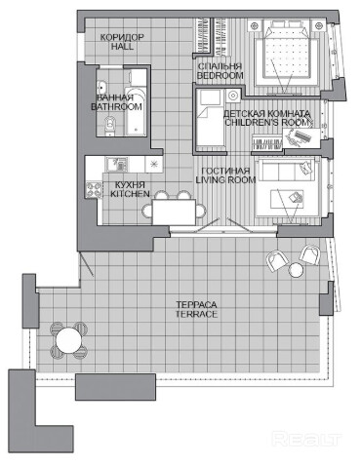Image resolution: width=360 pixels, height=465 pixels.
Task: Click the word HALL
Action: pos(122,47)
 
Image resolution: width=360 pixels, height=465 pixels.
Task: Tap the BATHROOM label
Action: pos(116,106)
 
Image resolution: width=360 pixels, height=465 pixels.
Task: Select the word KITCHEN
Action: pos(130,194)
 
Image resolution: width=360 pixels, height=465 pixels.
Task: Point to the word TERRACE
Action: pos(196,314)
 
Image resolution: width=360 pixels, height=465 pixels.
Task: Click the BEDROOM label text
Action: pos(220,76)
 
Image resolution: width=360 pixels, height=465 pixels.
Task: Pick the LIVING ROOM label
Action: pos(225,179)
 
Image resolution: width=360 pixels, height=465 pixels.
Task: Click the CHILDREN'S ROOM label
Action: pos(266,123)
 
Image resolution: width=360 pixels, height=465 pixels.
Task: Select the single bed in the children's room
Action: pos(210,118)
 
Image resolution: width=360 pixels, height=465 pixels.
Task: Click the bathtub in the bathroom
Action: pos(136,110)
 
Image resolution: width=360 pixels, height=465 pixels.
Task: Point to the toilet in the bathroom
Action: pos(109,125)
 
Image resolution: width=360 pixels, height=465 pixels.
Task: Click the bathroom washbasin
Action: pos(102,87)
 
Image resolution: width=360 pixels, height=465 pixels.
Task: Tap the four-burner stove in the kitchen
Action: pos(93,190)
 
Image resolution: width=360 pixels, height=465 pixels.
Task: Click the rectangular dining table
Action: pos(174,212)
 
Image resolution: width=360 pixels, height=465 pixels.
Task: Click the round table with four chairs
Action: pos(68,340)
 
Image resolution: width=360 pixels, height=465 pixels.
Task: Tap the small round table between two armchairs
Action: pos(297,269)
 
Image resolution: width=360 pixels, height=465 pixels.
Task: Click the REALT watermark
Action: pos(306,439)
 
